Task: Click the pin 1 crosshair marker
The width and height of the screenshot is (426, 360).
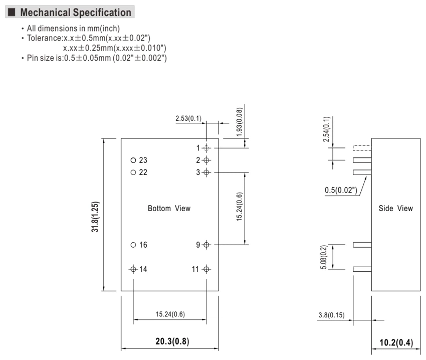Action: click(x=206, y=148)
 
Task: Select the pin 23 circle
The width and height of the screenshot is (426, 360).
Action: click(x=133, y=160)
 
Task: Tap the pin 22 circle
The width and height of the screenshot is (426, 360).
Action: click(x=133, y=172)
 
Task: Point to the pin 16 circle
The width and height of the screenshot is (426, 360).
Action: click(x=133, y=245)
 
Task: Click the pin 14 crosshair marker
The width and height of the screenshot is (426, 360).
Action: click(x=133, y=269)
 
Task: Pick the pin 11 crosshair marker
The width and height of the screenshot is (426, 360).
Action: click(x=206, y=269)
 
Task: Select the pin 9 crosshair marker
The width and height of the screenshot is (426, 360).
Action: click(x=206, y=245)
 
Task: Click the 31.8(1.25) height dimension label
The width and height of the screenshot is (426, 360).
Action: click(x=95, y=217)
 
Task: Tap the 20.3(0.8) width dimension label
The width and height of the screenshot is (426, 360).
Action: click(x=172, y=341)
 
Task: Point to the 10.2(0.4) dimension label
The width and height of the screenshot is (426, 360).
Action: click(x=396, y=342)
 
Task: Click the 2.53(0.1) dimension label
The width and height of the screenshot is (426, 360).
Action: click(x=188, y=118)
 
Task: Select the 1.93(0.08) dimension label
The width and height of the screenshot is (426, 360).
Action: click(x=240, y=122)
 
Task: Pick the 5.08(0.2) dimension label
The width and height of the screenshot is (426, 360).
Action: click(x=324, y=257)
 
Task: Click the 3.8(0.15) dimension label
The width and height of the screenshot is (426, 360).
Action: click(x=331, y=315)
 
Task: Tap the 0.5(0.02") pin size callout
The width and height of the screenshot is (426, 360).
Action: click(x=341, y=190)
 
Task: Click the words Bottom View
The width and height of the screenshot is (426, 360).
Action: click(x=169, y=208)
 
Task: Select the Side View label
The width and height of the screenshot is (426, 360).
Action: click(x=395, y=208)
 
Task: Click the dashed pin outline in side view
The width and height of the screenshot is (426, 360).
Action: click(x=362, y=148)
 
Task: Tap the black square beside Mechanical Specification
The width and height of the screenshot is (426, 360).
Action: click(x=12, y=12)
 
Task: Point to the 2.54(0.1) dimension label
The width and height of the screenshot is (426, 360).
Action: click(x=326, y=129)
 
